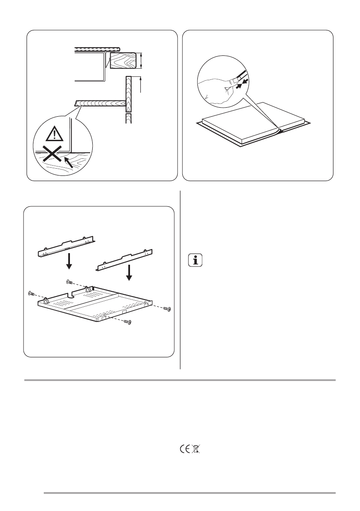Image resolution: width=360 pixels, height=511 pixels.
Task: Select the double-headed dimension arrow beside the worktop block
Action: [x=141, y=60]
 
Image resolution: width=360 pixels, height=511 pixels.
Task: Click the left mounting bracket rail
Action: [x=67, y=246]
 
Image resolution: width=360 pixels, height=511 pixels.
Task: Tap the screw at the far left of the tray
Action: [x=30, y=293]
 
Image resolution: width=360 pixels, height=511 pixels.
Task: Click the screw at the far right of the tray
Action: [x=168, y=309]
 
